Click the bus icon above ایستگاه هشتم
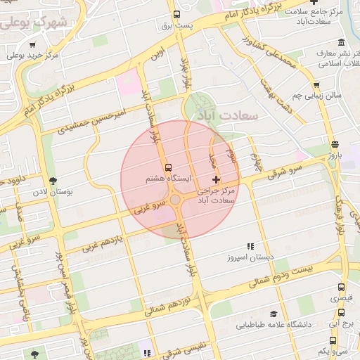pos(167,168)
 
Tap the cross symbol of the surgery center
pos(216,180)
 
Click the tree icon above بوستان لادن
pos(53,181)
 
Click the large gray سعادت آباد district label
pos(228,113)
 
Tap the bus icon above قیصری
pos(341,288)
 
